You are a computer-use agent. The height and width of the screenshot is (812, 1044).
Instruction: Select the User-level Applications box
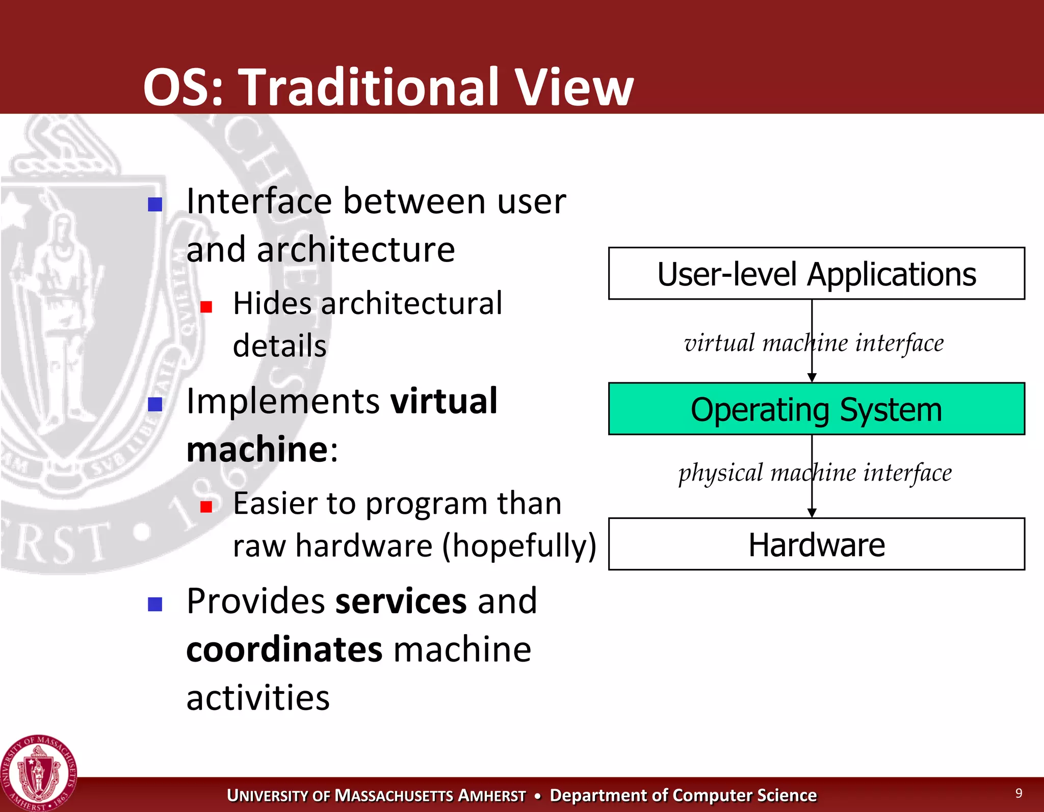click(816, 274)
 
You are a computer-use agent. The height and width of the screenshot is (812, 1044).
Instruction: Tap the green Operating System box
click(816, 409)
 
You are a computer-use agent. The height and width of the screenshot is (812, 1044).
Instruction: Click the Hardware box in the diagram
click(816, 544)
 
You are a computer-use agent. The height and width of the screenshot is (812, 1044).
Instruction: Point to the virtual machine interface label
click(814, 343)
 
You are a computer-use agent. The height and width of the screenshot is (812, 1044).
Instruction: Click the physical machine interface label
click(815, 473)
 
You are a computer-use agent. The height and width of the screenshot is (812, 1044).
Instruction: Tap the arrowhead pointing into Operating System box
click(812, 377)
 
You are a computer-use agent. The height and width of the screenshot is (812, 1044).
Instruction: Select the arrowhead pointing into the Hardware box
click(812, 512)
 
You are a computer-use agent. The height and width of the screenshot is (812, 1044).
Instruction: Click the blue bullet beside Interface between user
click(155, 204)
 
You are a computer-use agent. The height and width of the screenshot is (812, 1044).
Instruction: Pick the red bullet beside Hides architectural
click(206, 307)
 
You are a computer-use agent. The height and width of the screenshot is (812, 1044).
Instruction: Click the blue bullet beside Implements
click(155, 404)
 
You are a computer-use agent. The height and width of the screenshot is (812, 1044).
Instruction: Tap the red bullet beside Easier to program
click(206, 506)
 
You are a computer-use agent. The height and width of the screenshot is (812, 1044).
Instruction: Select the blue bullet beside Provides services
click(155, 604)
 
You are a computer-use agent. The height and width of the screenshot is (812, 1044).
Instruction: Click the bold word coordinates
click(284, 650)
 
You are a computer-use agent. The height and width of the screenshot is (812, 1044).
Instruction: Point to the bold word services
click(401, 601)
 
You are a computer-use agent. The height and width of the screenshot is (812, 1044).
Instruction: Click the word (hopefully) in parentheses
click(518, 546)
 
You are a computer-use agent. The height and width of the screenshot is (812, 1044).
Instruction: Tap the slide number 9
click(1019, 793)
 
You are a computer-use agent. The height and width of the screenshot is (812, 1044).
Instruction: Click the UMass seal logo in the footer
click(39, 773)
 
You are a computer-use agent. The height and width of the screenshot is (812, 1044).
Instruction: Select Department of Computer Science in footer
click(683, 795)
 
